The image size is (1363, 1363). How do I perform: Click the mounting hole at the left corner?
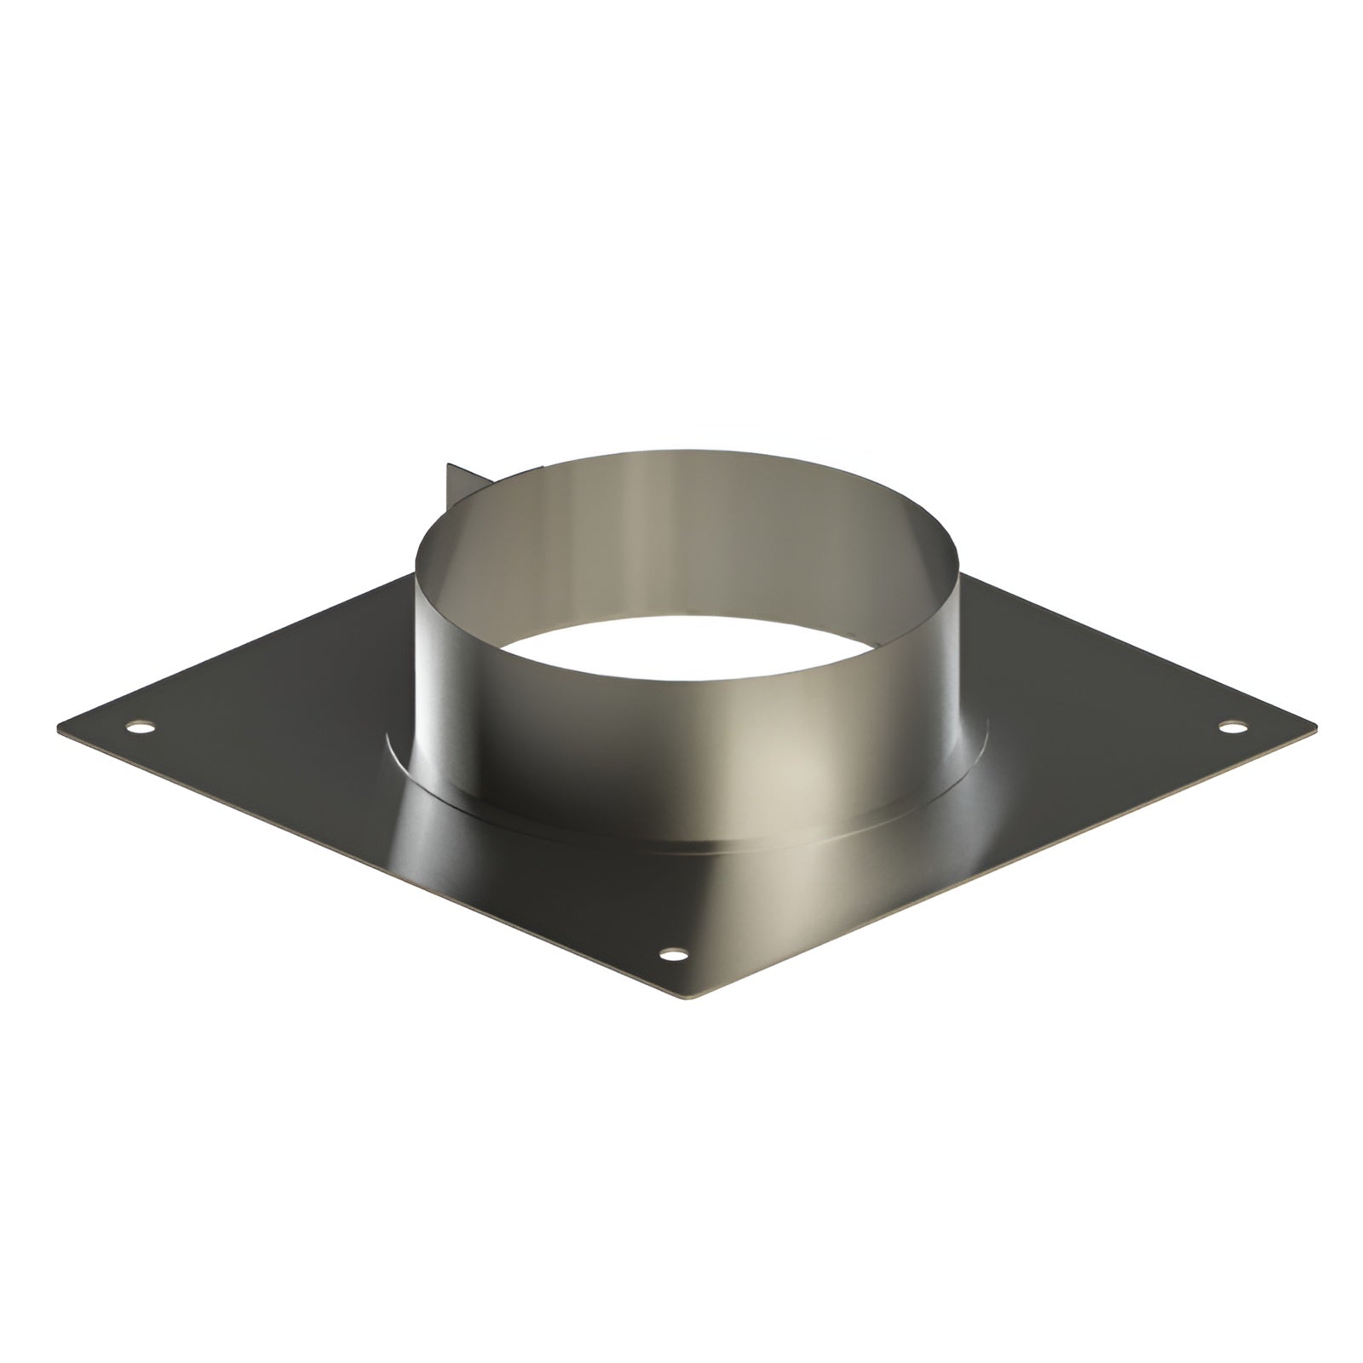(142, 728)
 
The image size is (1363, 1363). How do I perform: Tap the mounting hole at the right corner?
(1231, 727)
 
